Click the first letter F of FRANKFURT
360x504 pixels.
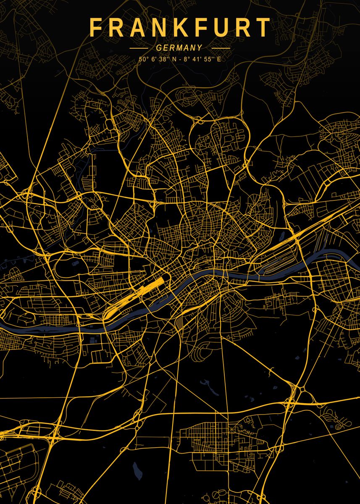[x=95, y=28]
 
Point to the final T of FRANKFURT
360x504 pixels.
[x=264, y=28]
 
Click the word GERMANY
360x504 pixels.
[x=179, y=48]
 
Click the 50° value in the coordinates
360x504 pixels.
[x=143, y=59]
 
